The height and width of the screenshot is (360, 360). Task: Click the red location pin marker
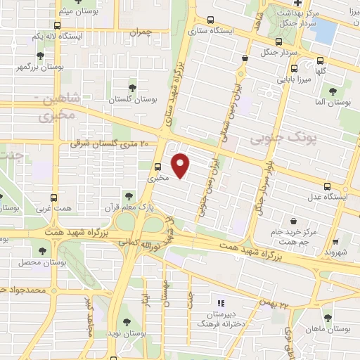(181, 165)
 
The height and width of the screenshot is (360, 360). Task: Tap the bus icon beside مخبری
(157, 167)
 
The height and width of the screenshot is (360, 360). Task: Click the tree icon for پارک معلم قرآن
(128, 195)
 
